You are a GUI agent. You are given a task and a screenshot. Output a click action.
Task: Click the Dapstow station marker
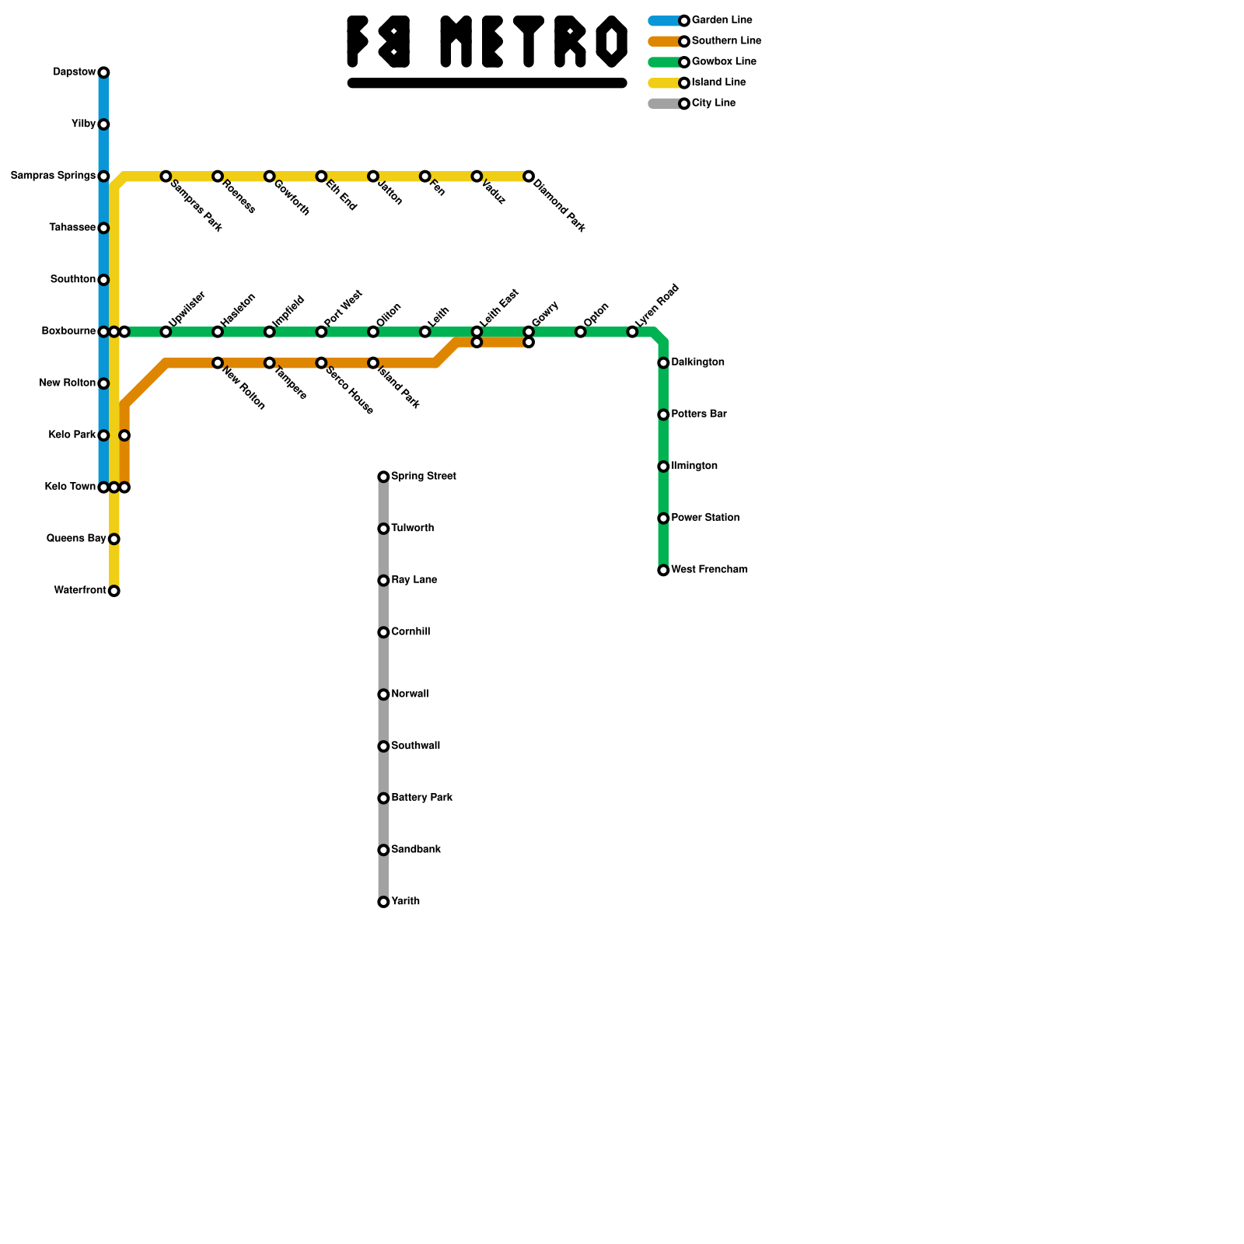click(103, 72)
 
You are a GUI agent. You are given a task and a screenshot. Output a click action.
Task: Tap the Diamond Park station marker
click(529, 176)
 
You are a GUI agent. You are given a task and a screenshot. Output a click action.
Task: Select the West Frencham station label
click(709, 570)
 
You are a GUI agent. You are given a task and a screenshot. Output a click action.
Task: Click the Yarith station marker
click(383, 902)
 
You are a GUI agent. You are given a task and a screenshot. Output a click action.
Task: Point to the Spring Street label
click(423, 476)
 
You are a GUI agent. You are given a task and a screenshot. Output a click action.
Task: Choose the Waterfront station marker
click(114, 591)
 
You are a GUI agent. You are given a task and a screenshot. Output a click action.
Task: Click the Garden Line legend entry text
click(722, 20)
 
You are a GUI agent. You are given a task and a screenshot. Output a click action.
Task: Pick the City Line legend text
click(713, 103)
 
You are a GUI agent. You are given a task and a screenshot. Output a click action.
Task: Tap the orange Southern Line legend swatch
click(664, 41)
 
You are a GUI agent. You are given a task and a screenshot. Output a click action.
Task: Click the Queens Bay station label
click(76, 539)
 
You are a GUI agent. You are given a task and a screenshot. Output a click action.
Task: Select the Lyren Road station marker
click(632, 332)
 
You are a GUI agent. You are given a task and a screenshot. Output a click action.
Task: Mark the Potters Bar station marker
click(663, 415)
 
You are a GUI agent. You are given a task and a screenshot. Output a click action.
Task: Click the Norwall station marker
click(383, 694)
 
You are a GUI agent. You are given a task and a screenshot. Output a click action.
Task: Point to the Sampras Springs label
click(53, 176)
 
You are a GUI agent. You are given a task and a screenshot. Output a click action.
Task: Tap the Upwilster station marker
click(166, 332)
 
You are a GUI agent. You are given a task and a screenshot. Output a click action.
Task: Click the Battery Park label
click(421, 798)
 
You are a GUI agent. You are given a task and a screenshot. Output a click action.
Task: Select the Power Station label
click(705, 518)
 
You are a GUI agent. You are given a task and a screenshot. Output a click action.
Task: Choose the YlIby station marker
click(103, 124)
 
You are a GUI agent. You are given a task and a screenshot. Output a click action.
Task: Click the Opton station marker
click(581, 332)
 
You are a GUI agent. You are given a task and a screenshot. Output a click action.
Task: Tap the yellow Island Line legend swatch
click(664, 83)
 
